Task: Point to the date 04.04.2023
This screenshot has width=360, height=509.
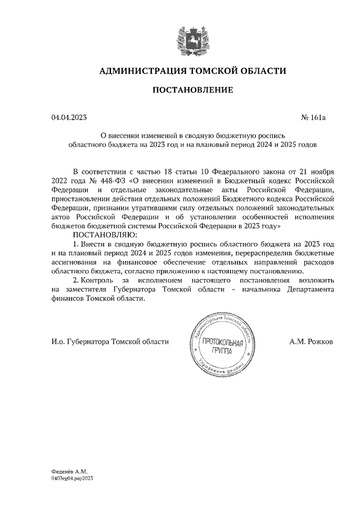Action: pos(69,118)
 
